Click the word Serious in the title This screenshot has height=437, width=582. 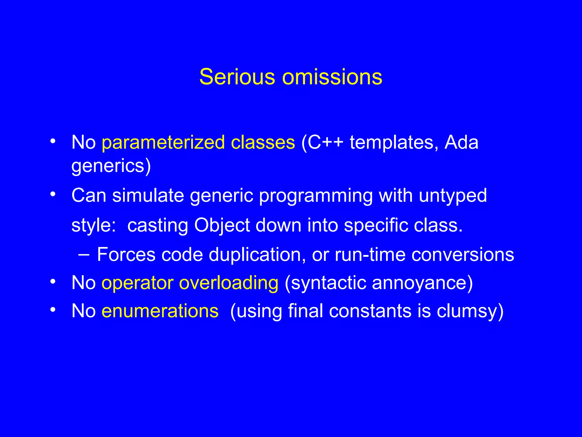click(237, 77)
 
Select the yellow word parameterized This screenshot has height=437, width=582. click(163, 142)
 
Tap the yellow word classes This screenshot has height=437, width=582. click(263, 142)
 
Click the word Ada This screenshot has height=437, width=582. click(461, 142)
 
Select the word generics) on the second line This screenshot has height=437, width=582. click(111, 166)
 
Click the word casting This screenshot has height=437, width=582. click(158, 226)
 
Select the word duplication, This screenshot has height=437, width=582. click(257, 255)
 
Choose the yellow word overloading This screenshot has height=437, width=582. click(228, 283)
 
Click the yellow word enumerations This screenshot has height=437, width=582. click(160, 311)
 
